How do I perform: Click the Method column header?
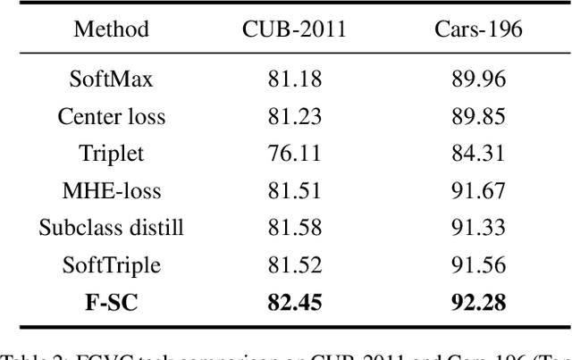111,29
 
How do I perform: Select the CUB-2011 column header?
294,29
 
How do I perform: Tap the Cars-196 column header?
479,29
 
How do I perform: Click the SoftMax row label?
111,79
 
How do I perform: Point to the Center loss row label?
111,116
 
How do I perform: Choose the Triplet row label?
111,154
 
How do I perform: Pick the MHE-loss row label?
111,191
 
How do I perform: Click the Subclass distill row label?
111,229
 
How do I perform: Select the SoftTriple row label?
111,266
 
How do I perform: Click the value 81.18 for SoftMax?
294,79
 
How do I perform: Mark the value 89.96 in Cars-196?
479,79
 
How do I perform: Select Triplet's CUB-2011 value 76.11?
294,154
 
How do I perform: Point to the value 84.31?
479,154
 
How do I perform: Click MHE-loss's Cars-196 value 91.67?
479,191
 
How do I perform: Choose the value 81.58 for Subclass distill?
294,229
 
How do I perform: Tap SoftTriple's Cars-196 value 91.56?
479,266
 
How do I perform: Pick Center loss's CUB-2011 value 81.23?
294,116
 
